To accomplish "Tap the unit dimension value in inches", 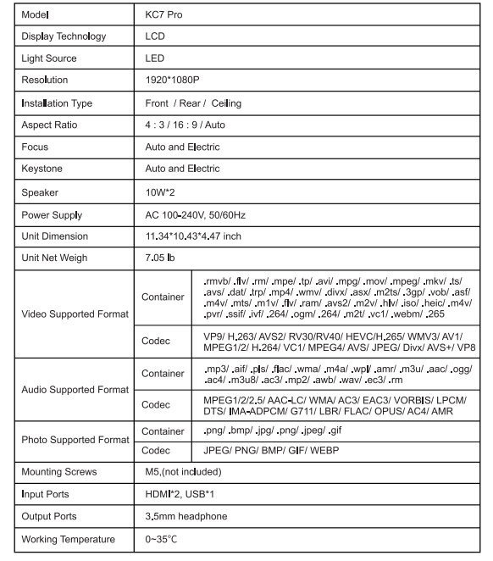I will [x=206, y=236].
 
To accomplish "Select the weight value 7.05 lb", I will [x=166, y=258].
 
